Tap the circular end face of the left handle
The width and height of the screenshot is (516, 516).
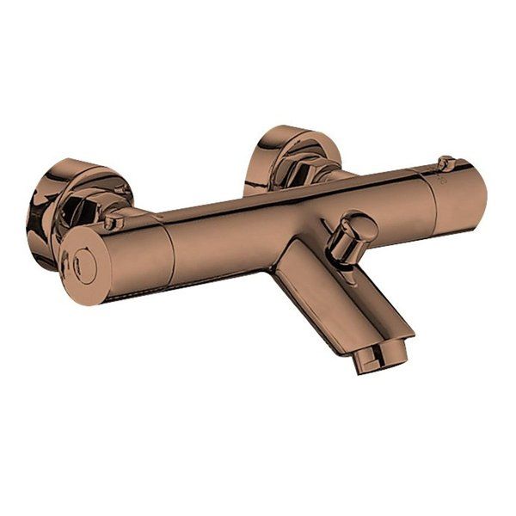click(x=83, y=257)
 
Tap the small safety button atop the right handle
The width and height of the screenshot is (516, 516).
click(x=444, y=162)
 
